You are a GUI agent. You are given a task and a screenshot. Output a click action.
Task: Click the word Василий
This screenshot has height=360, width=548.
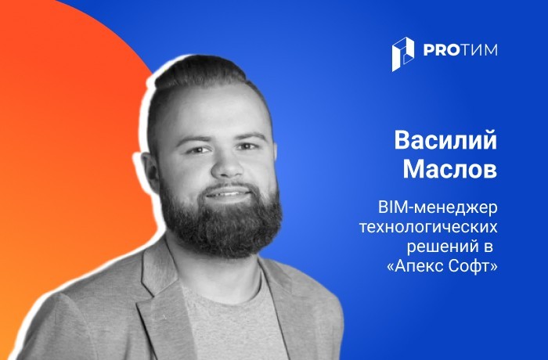[x=445, y=141]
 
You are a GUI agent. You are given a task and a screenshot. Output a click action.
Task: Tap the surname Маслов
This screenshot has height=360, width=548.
[x=450, y=169]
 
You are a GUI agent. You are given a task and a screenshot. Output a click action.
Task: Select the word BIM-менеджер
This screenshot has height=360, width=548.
[x=438, y=208]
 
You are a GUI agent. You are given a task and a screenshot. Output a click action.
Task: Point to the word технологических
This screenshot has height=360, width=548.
[x=428, y=228]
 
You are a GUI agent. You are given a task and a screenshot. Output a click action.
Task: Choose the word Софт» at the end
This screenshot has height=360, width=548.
[x=472, y=267]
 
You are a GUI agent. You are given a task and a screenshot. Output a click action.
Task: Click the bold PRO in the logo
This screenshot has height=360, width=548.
[x=440, y=50]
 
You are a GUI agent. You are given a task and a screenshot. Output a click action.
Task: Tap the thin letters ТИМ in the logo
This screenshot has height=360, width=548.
[x=478, y=50]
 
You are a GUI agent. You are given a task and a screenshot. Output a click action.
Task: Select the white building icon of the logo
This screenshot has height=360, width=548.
[x=403, y=54]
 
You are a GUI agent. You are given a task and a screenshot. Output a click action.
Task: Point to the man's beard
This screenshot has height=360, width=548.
[x=220, y=224]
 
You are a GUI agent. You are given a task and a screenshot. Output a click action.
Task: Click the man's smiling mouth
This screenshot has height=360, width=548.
[x=228, y=193]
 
